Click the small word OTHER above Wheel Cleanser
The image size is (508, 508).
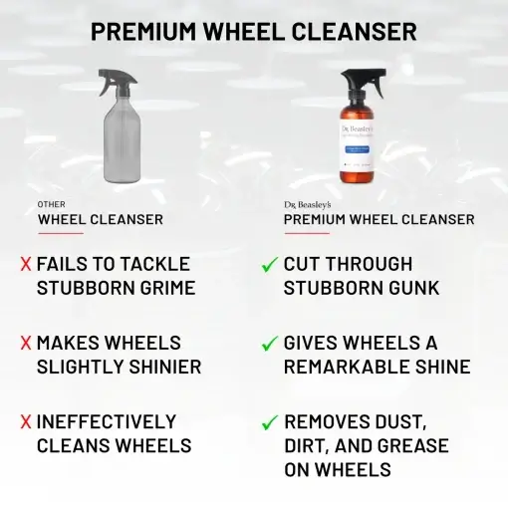click(51, 204)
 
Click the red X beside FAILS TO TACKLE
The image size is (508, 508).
click(25, 265)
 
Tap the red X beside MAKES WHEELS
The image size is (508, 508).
click(25, 343)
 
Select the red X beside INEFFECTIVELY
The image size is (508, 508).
click(25, 421)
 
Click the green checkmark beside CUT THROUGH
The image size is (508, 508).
click(268, 265)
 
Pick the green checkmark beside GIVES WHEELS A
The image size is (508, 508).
click(268, 343)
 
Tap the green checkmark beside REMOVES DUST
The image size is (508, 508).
click(268, 421)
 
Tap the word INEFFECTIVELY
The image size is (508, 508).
click(107, 421)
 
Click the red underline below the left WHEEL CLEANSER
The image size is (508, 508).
click(60, 233)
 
